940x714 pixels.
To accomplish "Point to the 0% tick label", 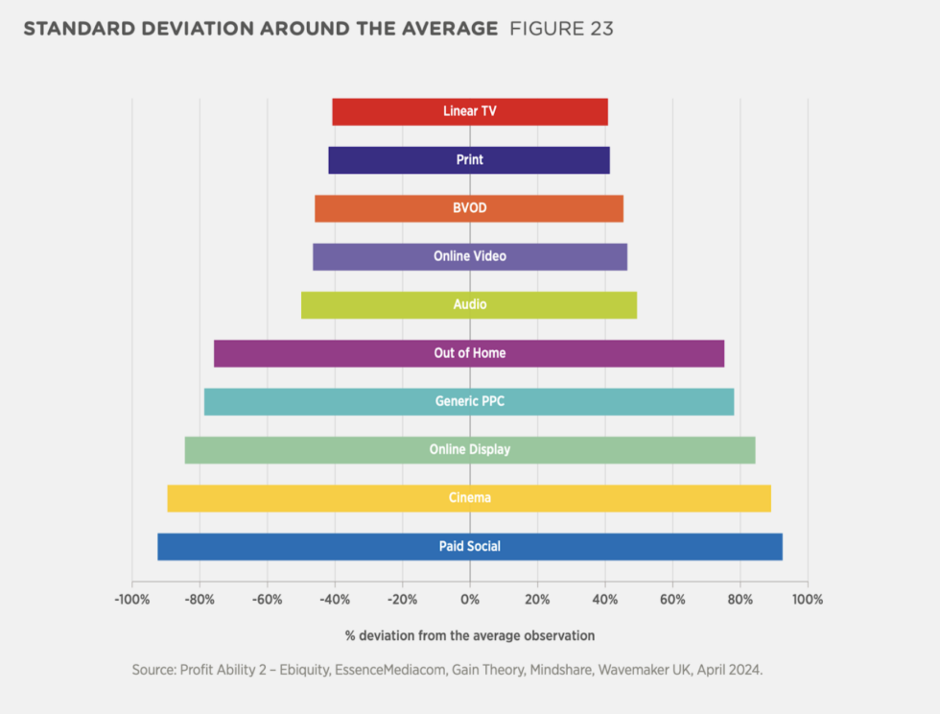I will coord(470,600).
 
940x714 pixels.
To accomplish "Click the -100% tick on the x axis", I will coord(131,600).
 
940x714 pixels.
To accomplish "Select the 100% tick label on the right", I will coord(808,600).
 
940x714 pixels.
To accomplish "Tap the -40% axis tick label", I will coord(334,600).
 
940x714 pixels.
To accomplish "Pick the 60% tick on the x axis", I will coord(672,600).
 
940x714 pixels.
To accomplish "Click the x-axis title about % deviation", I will coord(470,635).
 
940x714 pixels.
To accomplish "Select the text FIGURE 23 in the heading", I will coord(561,29).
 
